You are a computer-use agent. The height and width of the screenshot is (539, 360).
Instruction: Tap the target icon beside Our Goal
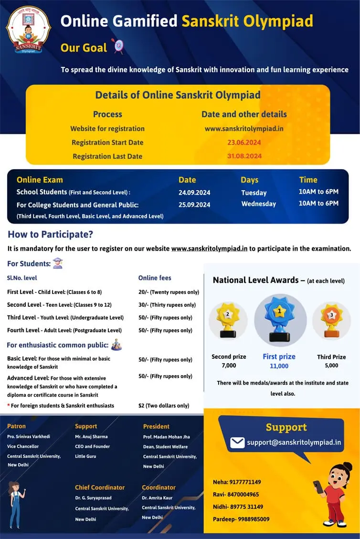[x=117, y=46]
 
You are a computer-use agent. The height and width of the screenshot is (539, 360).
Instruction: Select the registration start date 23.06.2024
[x=244, y=142]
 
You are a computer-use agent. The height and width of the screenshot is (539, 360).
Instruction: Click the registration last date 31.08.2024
[x=244, y=156]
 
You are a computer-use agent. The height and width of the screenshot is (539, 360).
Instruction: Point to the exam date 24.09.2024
[x=194, y=193]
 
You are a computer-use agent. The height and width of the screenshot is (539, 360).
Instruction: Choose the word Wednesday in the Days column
[x=258, y=204]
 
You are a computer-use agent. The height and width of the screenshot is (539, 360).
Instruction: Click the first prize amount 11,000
[x=279, y=366]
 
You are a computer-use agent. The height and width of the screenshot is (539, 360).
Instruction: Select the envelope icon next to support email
[x=237, y=442]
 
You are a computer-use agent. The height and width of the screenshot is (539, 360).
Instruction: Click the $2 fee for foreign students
[x=164, y=406]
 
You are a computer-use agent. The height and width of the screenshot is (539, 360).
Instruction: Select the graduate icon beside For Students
[x=58, y=263]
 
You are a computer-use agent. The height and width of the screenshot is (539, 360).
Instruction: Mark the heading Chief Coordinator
[x=100, y=487]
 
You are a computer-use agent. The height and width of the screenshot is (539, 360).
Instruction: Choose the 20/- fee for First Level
[x=169, y=292]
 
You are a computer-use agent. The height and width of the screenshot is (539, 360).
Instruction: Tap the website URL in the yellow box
[x=244, y=129]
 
